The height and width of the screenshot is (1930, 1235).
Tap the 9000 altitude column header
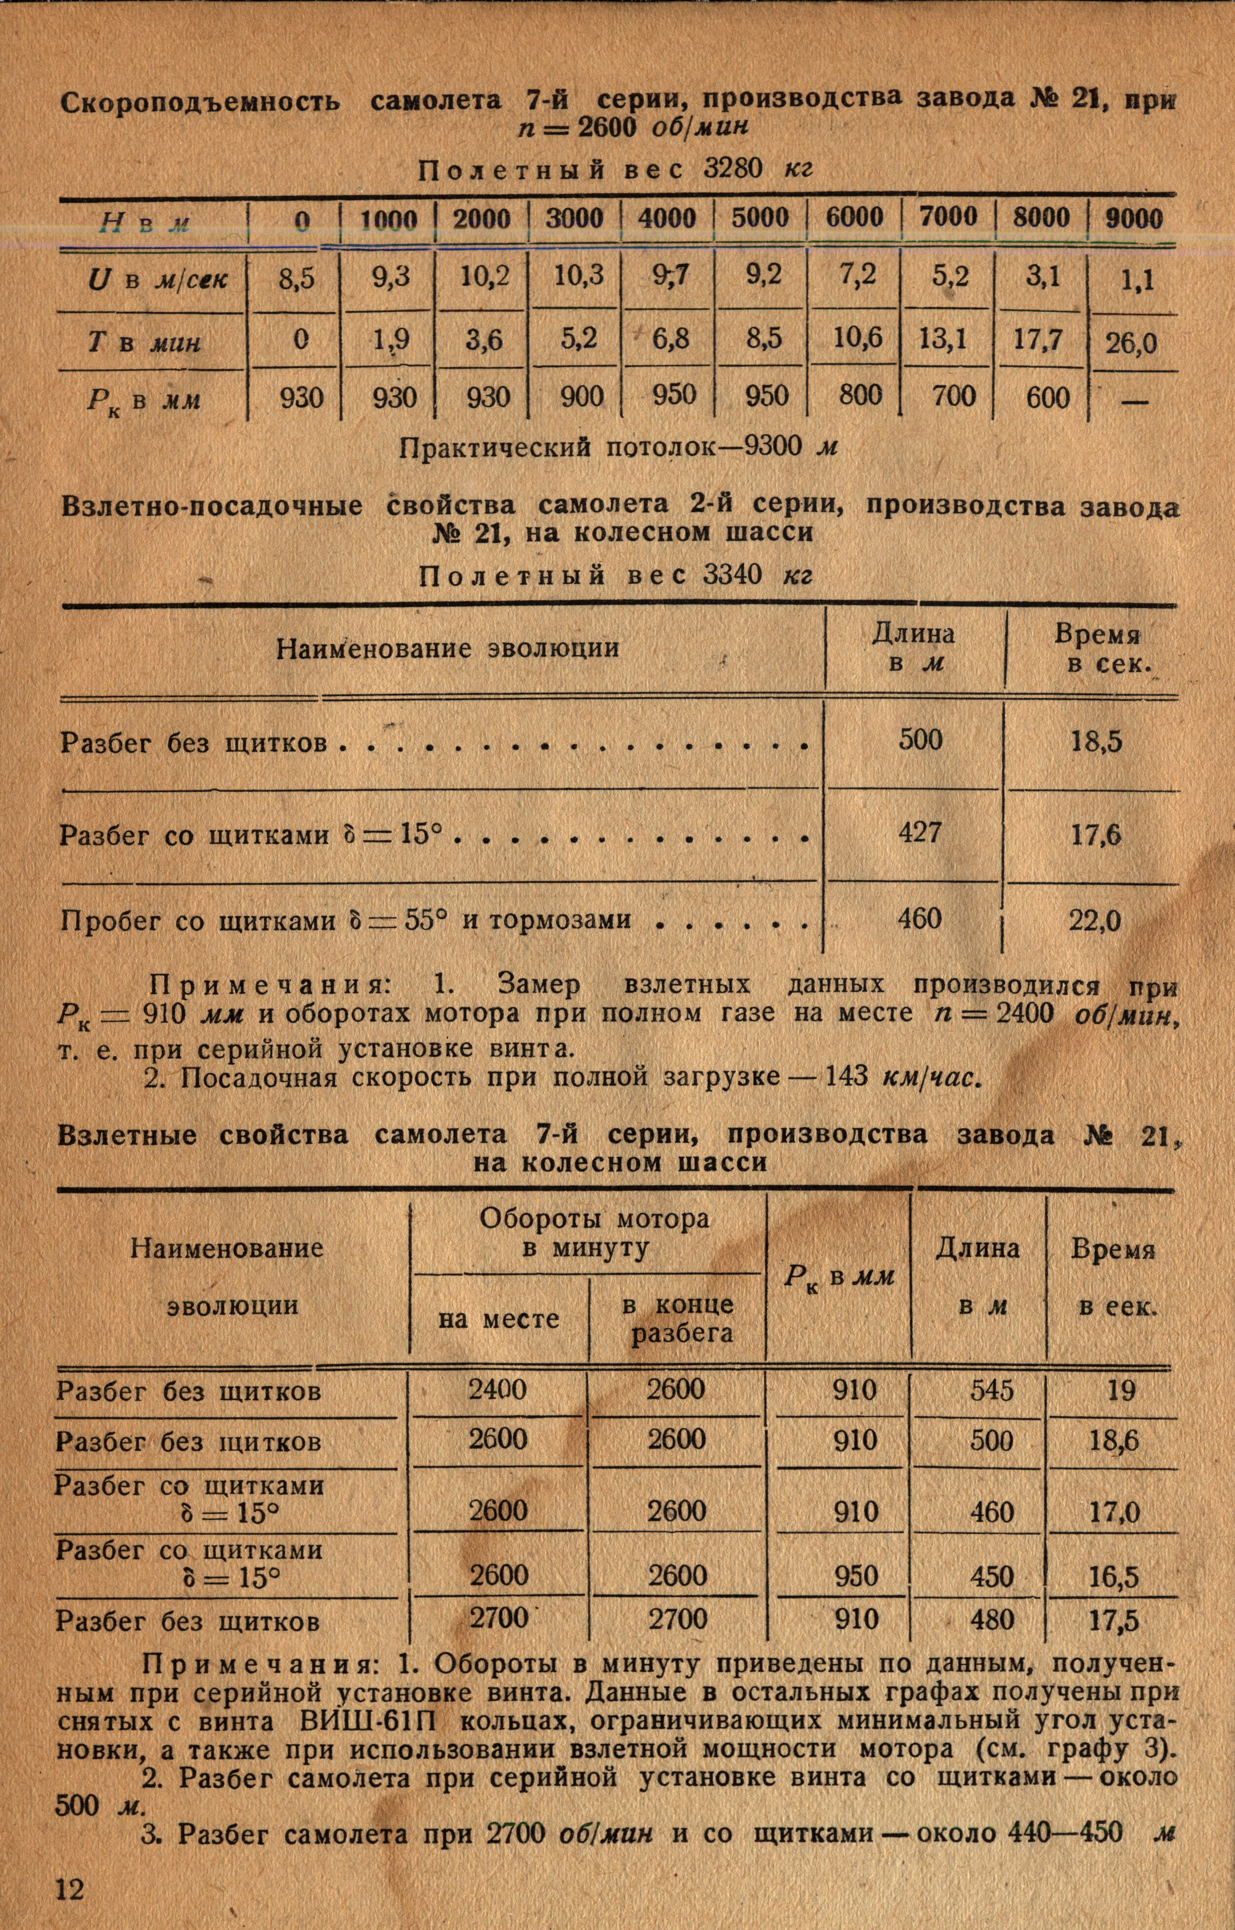[1134, 219]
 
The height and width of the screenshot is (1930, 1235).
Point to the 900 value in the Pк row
[577, 397]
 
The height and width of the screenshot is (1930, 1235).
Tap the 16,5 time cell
[1114, 1578]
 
